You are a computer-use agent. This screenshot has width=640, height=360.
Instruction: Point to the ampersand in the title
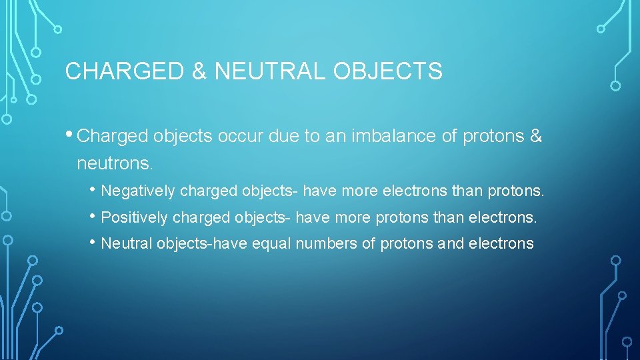tap(199, 71)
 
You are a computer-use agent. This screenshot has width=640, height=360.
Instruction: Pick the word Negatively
tap(138, 192)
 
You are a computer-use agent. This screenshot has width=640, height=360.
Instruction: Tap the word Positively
tap(135, 218)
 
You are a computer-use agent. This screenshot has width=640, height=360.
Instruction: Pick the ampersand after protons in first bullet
tap(536, 136)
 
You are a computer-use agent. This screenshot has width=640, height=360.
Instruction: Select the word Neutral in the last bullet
tap(127, 244)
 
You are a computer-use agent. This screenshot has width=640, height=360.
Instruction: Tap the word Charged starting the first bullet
tap(113, 136)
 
